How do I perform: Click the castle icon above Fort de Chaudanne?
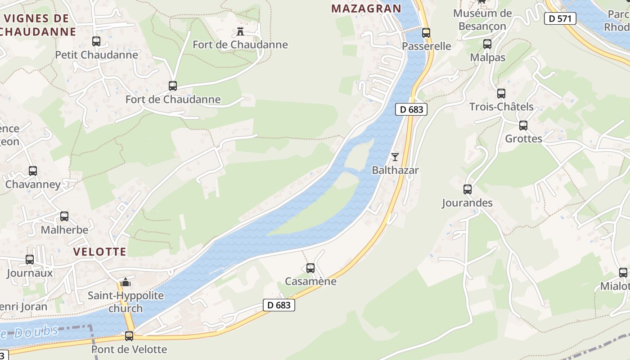pyautogui.click(x=240, y=31)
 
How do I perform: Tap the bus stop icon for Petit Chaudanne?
pyautogui.click(x=96, y=41)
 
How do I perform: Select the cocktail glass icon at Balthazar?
pyautogui.click(x=395, y=157)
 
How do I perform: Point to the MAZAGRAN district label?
pyautogui.click(x=366, y=9)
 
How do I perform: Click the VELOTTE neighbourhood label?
pyautogui.click(x=100, y=252)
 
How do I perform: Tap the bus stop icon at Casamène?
pyautogui.click(x=310, y=268)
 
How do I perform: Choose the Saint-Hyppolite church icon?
pyautogui.click(x=126, y=283)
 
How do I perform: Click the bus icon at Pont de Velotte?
pyautogui.click(x=129, y=336)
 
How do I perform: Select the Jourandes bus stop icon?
pyautogui.click(x=467, y=189)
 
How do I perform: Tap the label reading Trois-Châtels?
pyautogui.click(x=501, y=107)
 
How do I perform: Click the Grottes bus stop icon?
pyautogui.click(x=523, y=126)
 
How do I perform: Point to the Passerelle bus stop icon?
pyautogui.click(x=426, y=33)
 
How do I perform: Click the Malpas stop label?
pyautogui.click(x=487, y=58)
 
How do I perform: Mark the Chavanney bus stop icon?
pyautogui.click(x=32, y=171)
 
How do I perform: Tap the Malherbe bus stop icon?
pyautogui.click(x=64, y=216)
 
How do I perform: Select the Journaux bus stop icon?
pyautogui.click(x=30, y=260)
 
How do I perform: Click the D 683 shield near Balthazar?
pyautogui.click(x=411, y=109)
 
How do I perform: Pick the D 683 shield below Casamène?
pyautogui.click(x=279, y=305)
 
